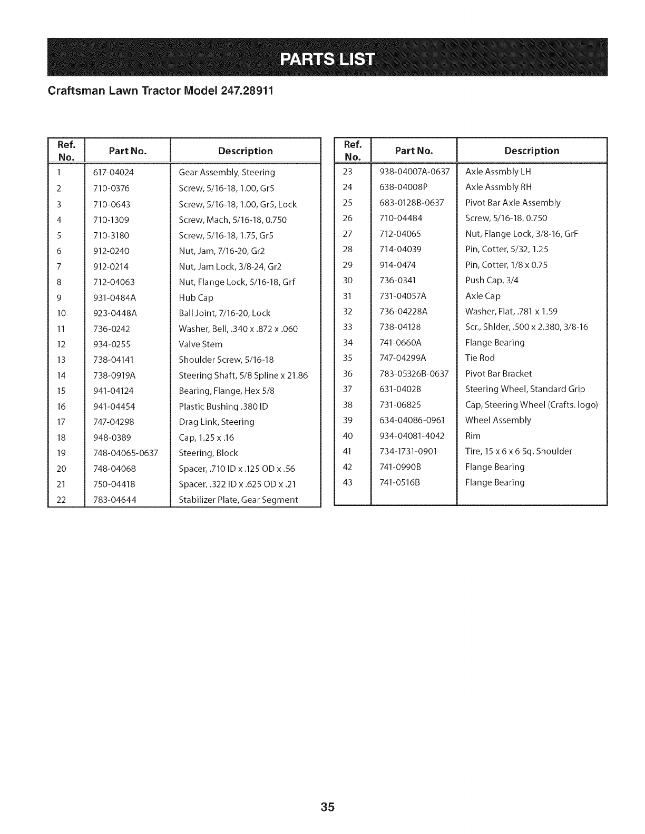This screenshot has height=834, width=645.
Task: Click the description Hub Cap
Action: coord(196,298)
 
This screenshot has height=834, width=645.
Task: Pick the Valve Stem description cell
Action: coord(201,344)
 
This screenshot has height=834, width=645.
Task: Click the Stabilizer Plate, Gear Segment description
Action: coord(238,500)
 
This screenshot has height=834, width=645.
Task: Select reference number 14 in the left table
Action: coord(61,376)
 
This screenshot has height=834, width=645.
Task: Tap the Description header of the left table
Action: coord(246,151)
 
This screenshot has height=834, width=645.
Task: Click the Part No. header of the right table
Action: coord(414,151)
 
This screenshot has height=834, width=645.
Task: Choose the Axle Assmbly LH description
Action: coord(498,172)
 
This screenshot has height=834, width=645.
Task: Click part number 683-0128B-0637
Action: coord(412,203)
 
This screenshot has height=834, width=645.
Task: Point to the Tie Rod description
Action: coord(480,358)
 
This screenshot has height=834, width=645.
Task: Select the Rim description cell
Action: coord(473,436)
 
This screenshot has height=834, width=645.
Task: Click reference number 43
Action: coord(347,482)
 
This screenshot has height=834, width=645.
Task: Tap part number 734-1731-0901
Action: coord(408,451)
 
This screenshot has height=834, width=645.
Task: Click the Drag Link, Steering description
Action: coord(217,422)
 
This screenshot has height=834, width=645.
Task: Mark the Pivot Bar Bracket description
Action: coord(499,374)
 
